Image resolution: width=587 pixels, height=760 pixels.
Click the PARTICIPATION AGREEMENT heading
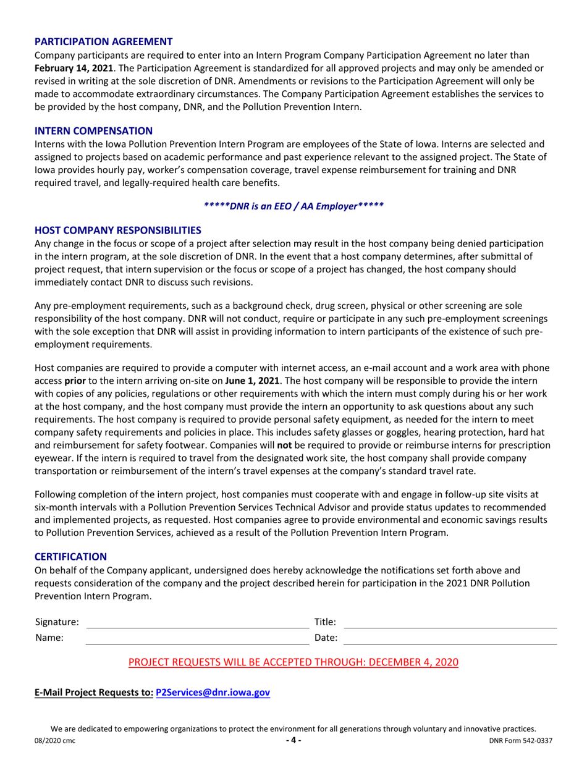tap(103, 42)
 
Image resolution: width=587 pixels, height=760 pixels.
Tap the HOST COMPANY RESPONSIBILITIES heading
tap(117, 230)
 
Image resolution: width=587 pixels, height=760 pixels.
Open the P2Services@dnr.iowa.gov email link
tap(213, 693)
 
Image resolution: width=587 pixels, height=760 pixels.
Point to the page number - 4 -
tap(293, 741)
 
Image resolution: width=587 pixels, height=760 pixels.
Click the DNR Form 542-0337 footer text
tap(520, 741)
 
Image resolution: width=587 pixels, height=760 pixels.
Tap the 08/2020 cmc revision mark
tap(56, 741)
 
